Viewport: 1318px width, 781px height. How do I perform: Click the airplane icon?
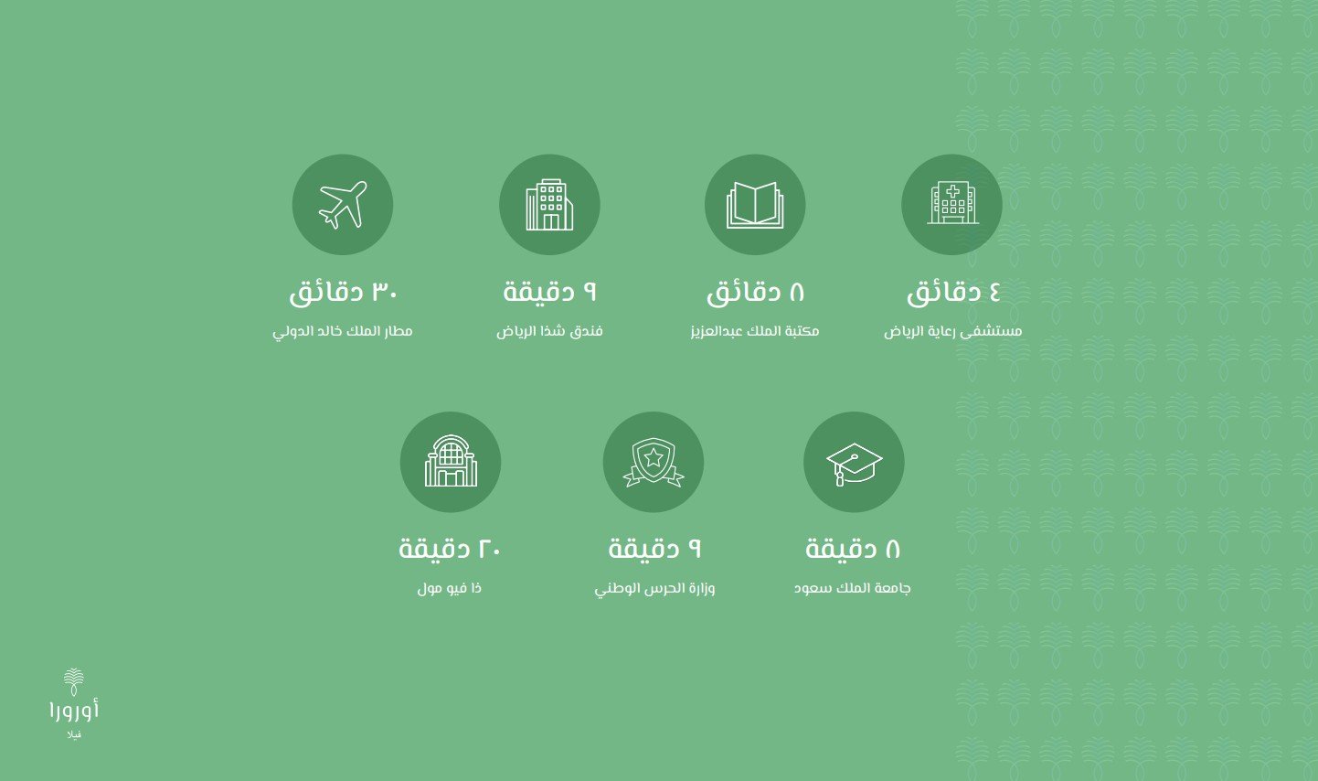point(343,204)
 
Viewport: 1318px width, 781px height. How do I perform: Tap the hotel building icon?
point(549,204)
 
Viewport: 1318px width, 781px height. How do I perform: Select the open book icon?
point(755,204)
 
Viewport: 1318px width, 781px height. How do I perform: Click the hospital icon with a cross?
point(951,204)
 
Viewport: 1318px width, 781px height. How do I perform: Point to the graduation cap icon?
point(854,463)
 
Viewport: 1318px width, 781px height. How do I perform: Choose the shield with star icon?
point(654,463)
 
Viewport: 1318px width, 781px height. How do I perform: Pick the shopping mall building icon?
point(451,463)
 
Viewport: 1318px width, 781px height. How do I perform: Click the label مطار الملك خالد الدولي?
point(343,331)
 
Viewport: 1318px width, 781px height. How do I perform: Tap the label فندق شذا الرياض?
point(549,331)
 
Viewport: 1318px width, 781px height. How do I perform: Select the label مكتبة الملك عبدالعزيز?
point(755,331)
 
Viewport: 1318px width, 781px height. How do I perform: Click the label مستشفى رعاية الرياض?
point(952,331)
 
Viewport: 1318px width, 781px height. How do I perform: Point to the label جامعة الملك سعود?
point(853,588)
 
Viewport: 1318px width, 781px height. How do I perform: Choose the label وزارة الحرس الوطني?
point(654,588)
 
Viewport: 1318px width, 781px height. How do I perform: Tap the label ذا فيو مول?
point(450,588)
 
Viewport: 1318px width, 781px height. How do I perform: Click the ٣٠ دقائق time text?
point(343,293)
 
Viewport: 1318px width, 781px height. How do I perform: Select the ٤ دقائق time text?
point(952,293)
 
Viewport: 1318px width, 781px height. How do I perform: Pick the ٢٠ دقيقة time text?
point(450,550)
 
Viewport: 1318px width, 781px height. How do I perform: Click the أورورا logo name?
point(74,710)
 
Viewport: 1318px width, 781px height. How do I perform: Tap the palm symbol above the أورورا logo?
point(74,681)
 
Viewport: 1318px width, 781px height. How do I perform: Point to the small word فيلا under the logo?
point(74,734)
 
